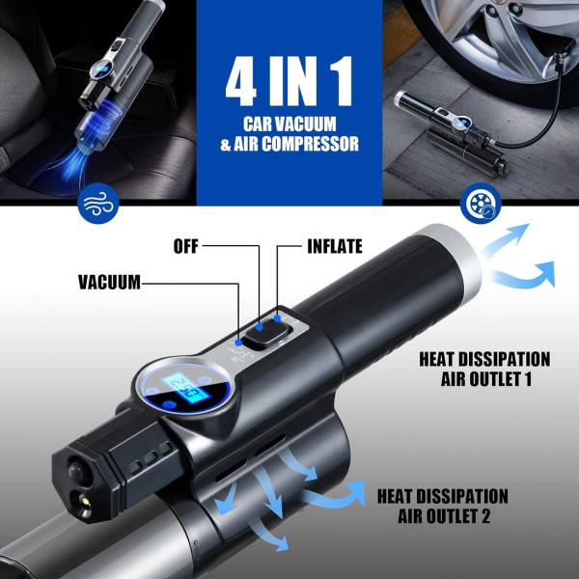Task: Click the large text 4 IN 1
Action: tap(289, 81)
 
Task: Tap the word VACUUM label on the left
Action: tap(109, 283)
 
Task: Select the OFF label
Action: tap(185, 246)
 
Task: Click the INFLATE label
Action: tap(335, 246)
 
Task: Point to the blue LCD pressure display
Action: tap(188, 390)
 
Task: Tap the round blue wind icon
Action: tap(98, 204)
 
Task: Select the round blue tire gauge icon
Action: tap(481, 203)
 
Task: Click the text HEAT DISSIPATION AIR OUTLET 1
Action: tap(484, 369)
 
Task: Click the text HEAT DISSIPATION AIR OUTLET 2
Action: tap(443, 506)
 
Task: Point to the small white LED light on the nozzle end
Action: tap(85, 502)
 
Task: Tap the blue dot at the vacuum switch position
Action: tap(238, 343)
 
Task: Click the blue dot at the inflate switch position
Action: tap(277, 318)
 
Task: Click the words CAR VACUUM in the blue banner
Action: tap(289, 124)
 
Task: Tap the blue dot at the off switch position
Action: tap(260, 327)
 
